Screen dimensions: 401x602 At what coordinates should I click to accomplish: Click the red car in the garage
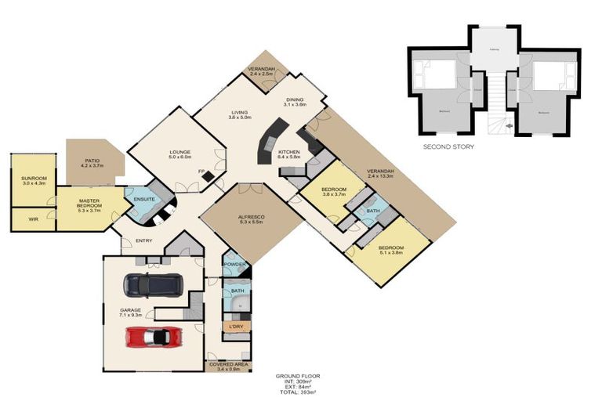pos(154,336)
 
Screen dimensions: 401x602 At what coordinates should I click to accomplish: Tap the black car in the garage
pos(154,284)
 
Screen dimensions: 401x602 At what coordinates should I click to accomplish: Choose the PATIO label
pos(92,161)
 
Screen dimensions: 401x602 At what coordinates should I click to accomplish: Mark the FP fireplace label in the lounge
pos(200,170)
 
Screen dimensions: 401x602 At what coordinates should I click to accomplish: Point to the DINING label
pos(295,100)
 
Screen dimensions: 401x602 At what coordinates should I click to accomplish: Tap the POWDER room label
pos(235,265)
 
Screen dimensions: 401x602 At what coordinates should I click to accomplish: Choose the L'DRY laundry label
pos(234,325)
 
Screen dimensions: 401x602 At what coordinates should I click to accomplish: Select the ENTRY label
pos(143,240)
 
